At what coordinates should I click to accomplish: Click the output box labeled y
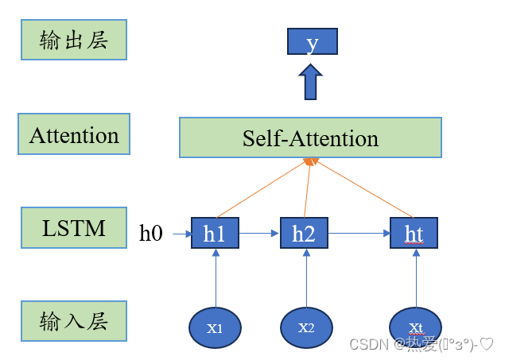[x=312, y=41]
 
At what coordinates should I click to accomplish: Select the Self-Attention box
[x=311, y=138]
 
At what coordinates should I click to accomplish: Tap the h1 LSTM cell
[x=215, y=233]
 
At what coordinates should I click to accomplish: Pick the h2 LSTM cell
[x=304, y=233]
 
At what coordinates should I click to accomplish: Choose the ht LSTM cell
[x=414, y=233]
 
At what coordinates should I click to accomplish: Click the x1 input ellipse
[x=215, y=327]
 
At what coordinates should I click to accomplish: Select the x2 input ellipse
[x=306, y=327]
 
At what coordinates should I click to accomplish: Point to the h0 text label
[x=151, y=233]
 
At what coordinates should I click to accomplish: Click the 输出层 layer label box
[x=73, y=40]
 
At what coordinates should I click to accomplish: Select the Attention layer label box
[x=74, y=134]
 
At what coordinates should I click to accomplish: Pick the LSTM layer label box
[x=74, y=229]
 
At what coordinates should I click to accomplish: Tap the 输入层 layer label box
[x=74, y=322]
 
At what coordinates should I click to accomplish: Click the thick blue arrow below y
[x=311, y=82]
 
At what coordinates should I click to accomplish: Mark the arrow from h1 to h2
[x=259, y=234]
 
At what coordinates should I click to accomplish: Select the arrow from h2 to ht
[x=359, y=234]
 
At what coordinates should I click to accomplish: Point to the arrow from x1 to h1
[x=215, y=278]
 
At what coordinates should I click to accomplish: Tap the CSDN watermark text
[x=421, y=345]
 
